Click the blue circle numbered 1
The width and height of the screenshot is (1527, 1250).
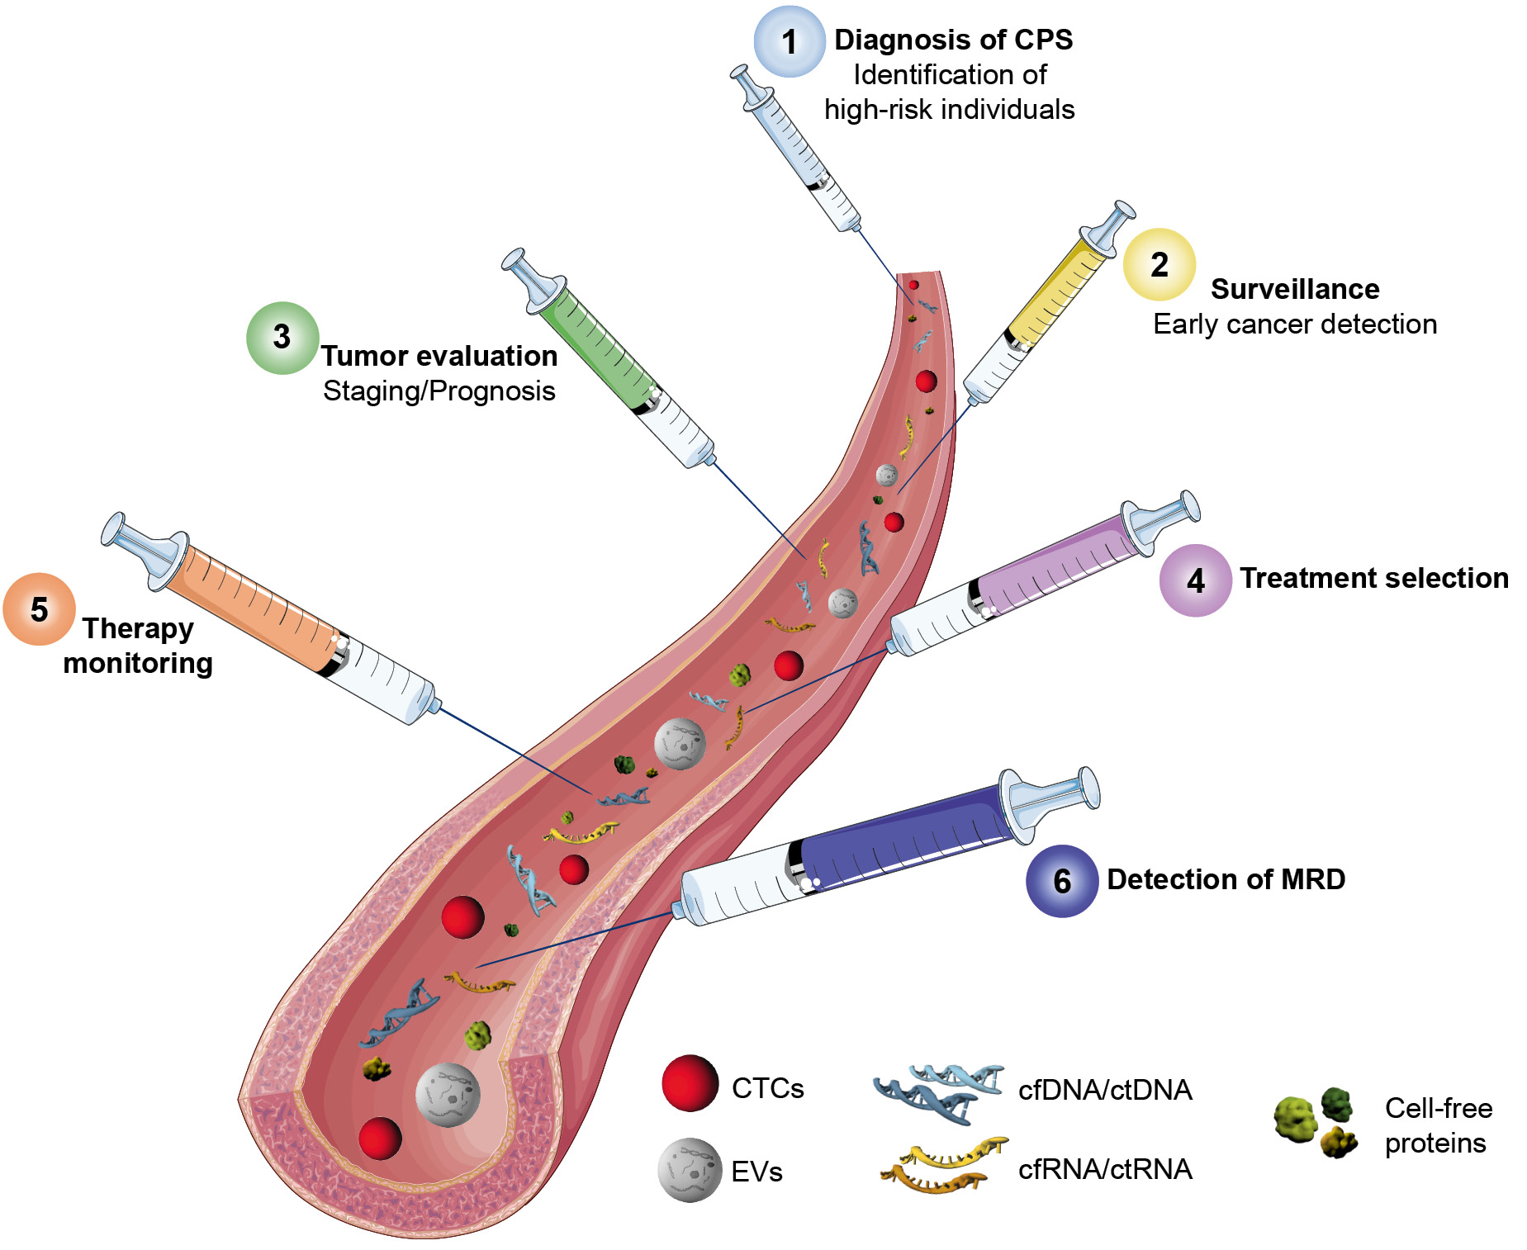[789, 41]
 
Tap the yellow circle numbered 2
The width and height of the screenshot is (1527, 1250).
[1159, 264]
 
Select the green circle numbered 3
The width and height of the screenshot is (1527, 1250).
[282, 338]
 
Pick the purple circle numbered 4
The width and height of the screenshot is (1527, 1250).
[1195, 580]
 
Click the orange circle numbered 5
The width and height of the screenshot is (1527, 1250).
[39, 609]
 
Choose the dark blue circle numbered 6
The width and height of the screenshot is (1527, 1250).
[1061, 881]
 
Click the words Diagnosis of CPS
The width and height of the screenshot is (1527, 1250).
[953, 40]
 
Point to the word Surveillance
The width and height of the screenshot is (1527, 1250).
[1294, 289]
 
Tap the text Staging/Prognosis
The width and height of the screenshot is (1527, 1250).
[439, 391]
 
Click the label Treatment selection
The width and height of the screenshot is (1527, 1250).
[1373, 578]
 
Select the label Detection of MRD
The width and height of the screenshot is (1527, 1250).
[1226, 879]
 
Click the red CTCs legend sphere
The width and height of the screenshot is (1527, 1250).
[690, 1083]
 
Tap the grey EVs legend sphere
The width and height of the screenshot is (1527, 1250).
[690, 1170]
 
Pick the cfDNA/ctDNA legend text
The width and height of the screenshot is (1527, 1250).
[1104, 1090]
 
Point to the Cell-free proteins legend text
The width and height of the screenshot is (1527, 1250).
[1438, 1125]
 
